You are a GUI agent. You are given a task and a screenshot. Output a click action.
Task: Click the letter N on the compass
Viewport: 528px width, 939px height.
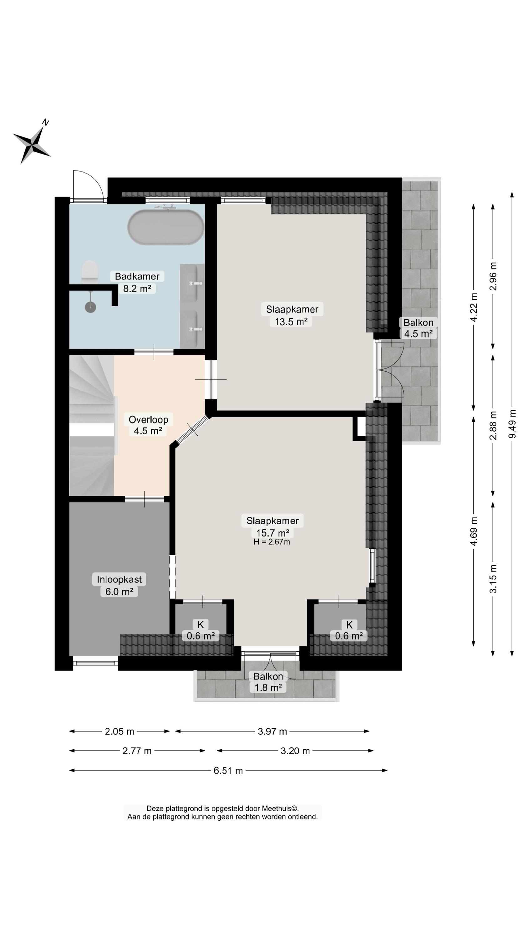[x=46, y=122]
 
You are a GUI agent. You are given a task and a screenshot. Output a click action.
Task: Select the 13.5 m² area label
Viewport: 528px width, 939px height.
[x=291, y=321]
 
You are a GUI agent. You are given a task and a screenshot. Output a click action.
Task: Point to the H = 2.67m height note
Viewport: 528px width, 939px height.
[x=272, y=542]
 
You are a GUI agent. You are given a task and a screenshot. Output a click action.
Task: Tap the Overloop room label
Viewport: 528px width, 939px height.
[x=148, y=419]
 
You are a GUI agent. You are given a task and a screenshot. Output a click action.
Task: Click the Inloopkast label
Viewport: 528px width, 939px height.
[x=119, y=579]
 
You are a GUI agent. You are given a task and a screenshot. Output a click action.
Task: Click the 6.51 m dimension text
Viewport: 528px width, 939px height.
[x=228, y=771]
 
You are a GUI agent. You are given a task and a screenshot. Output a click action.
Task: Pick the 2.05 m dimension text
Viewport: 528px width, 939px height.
[x=119, y=731]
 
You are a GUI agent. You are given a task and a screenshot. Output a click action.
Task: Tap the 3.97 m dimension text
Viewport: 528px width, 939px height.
[x=272, y=731]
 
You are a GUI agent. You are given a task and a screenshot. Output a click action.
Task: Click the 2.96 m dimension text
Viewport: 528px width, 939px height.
[x=493, y=276]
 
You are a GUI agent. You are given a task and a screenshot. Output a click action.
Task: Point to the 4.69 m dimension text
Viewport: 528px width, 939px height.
[x=474, y=531]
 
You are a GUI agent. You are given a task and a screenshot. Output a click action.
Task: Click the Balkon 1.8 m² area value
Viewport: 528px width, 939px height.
[x=268, y=687]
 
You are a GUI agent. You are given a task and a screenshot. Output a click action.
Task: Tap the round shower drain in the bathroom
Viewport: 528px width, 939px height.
[x=90, y=307]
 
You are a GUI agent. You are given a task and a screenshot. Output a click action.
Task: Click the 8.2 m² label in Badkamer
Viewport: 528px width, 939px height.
[x=137, y=289]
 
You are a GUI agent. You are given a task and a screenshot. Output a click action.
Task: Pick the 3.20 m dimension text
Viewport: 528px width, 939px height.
[x=295, y=751]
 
